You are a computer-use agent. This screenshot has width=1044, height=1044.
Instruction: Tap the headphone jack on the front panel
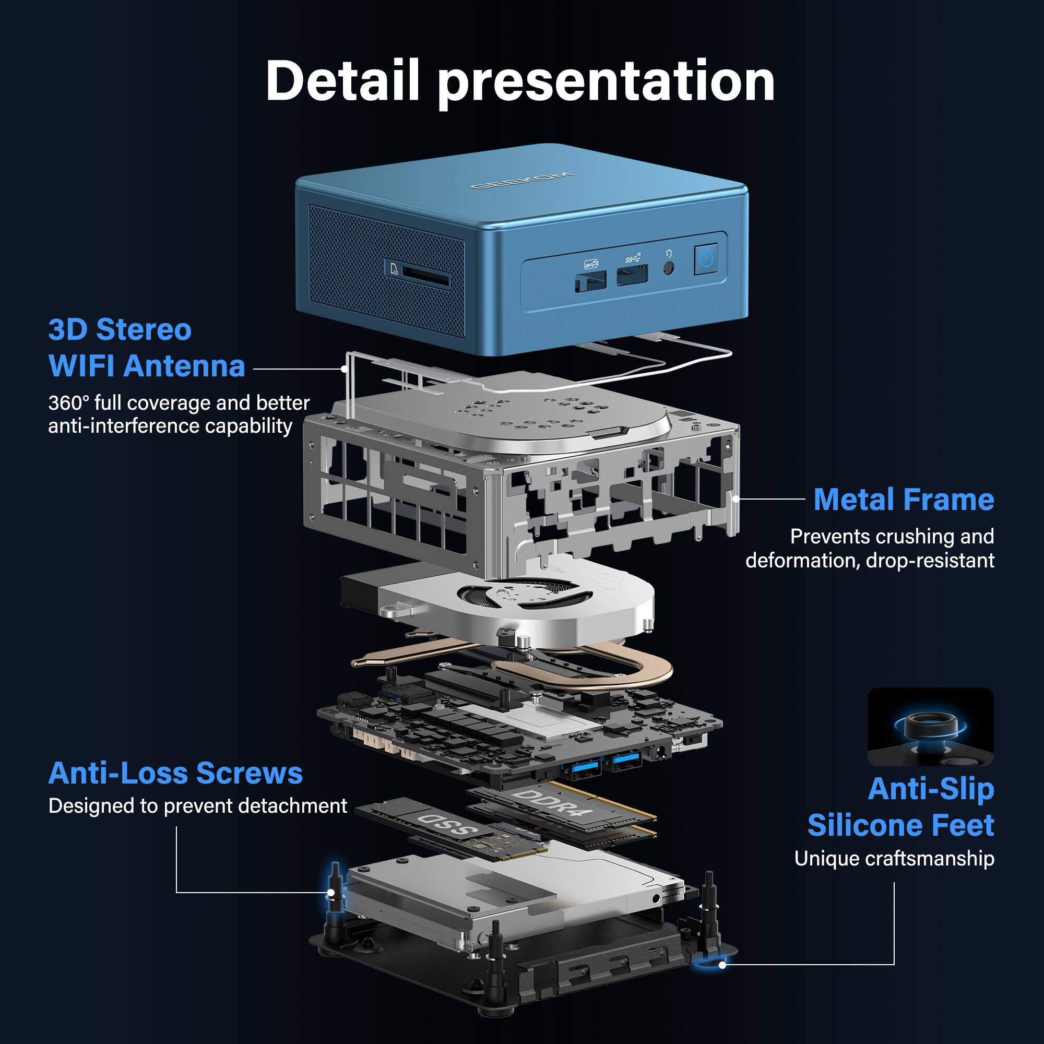pyautogui.click(x=669, y=267)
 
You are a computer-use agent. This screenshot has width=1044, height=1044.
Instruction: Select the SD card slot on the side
pyautogui.click(x=426, y=280)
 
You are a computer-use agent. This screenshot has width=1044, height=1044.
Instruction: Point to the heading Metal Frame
pyautogui.click(x=903, y=500)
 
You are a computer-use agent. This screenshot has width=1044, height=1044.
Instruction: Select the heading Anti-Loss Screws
pyautogui.click(x=175, y=773)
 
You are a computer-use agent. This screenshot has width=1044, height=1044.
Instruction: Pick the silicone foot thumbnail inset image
pyautogui.click(x=930, y=727)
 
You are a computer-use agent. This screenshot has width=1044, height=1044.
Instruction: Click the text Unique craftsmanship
pyautogui.click(x=894, y=859)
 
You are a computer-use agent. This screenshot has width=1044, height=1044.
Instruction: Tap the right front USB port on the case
pyautogui.click(x=632, y=275)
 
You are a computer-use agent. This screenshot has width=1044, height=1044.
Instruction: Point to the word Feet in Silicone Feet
pyautogui.click(x=963, y=825)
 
